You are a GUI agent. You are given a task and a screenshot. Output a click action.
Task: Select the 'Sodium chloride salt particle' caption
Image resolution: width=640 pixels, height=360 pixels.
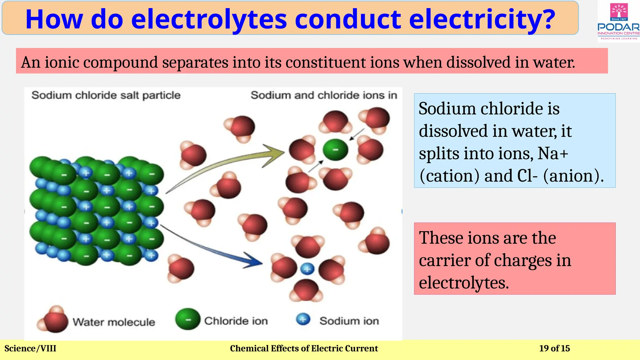point(106,95)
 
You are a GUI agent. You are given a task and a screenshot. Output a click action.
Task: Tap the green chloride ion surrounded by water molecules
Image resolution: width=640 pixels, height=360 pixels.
point(335,150)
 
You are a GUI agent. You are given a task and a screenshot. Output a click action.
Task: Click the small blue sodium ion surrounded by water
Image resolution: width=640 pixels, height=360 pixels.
point(307,268)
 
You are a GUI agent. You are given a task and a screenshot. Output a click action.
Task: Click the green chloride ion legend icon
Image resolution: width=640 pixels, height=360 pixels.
point(187,319)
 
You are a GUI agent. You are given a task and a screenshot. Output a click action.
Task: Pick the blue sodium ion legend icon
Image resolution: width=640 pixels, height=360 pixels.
point(303,319)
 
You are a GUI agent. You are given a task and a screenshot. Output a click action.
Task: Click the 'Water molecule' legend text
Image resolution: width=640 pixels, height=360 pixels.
point(114,322)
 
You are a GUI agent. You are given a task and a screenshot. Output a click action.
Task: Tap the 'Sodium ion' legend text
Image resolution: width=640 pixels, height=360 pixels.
point(349,321)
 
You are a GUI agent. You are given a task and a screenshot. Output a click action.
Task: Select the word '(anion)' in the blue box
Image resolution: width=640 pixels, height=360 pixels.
point(573,176)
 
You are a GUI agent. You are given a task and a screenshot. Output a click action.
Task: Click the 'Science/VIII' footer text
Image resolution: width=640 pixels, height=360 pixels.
point(30,348)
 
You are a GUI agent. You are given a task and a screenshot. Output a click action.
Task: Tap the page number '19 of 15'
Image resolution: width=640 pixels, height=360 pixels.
point(554,348)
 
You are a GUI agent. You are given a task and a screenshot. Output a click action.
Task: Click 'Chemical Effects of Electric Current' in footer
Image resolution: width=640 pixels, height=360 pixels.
point(304,348)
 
